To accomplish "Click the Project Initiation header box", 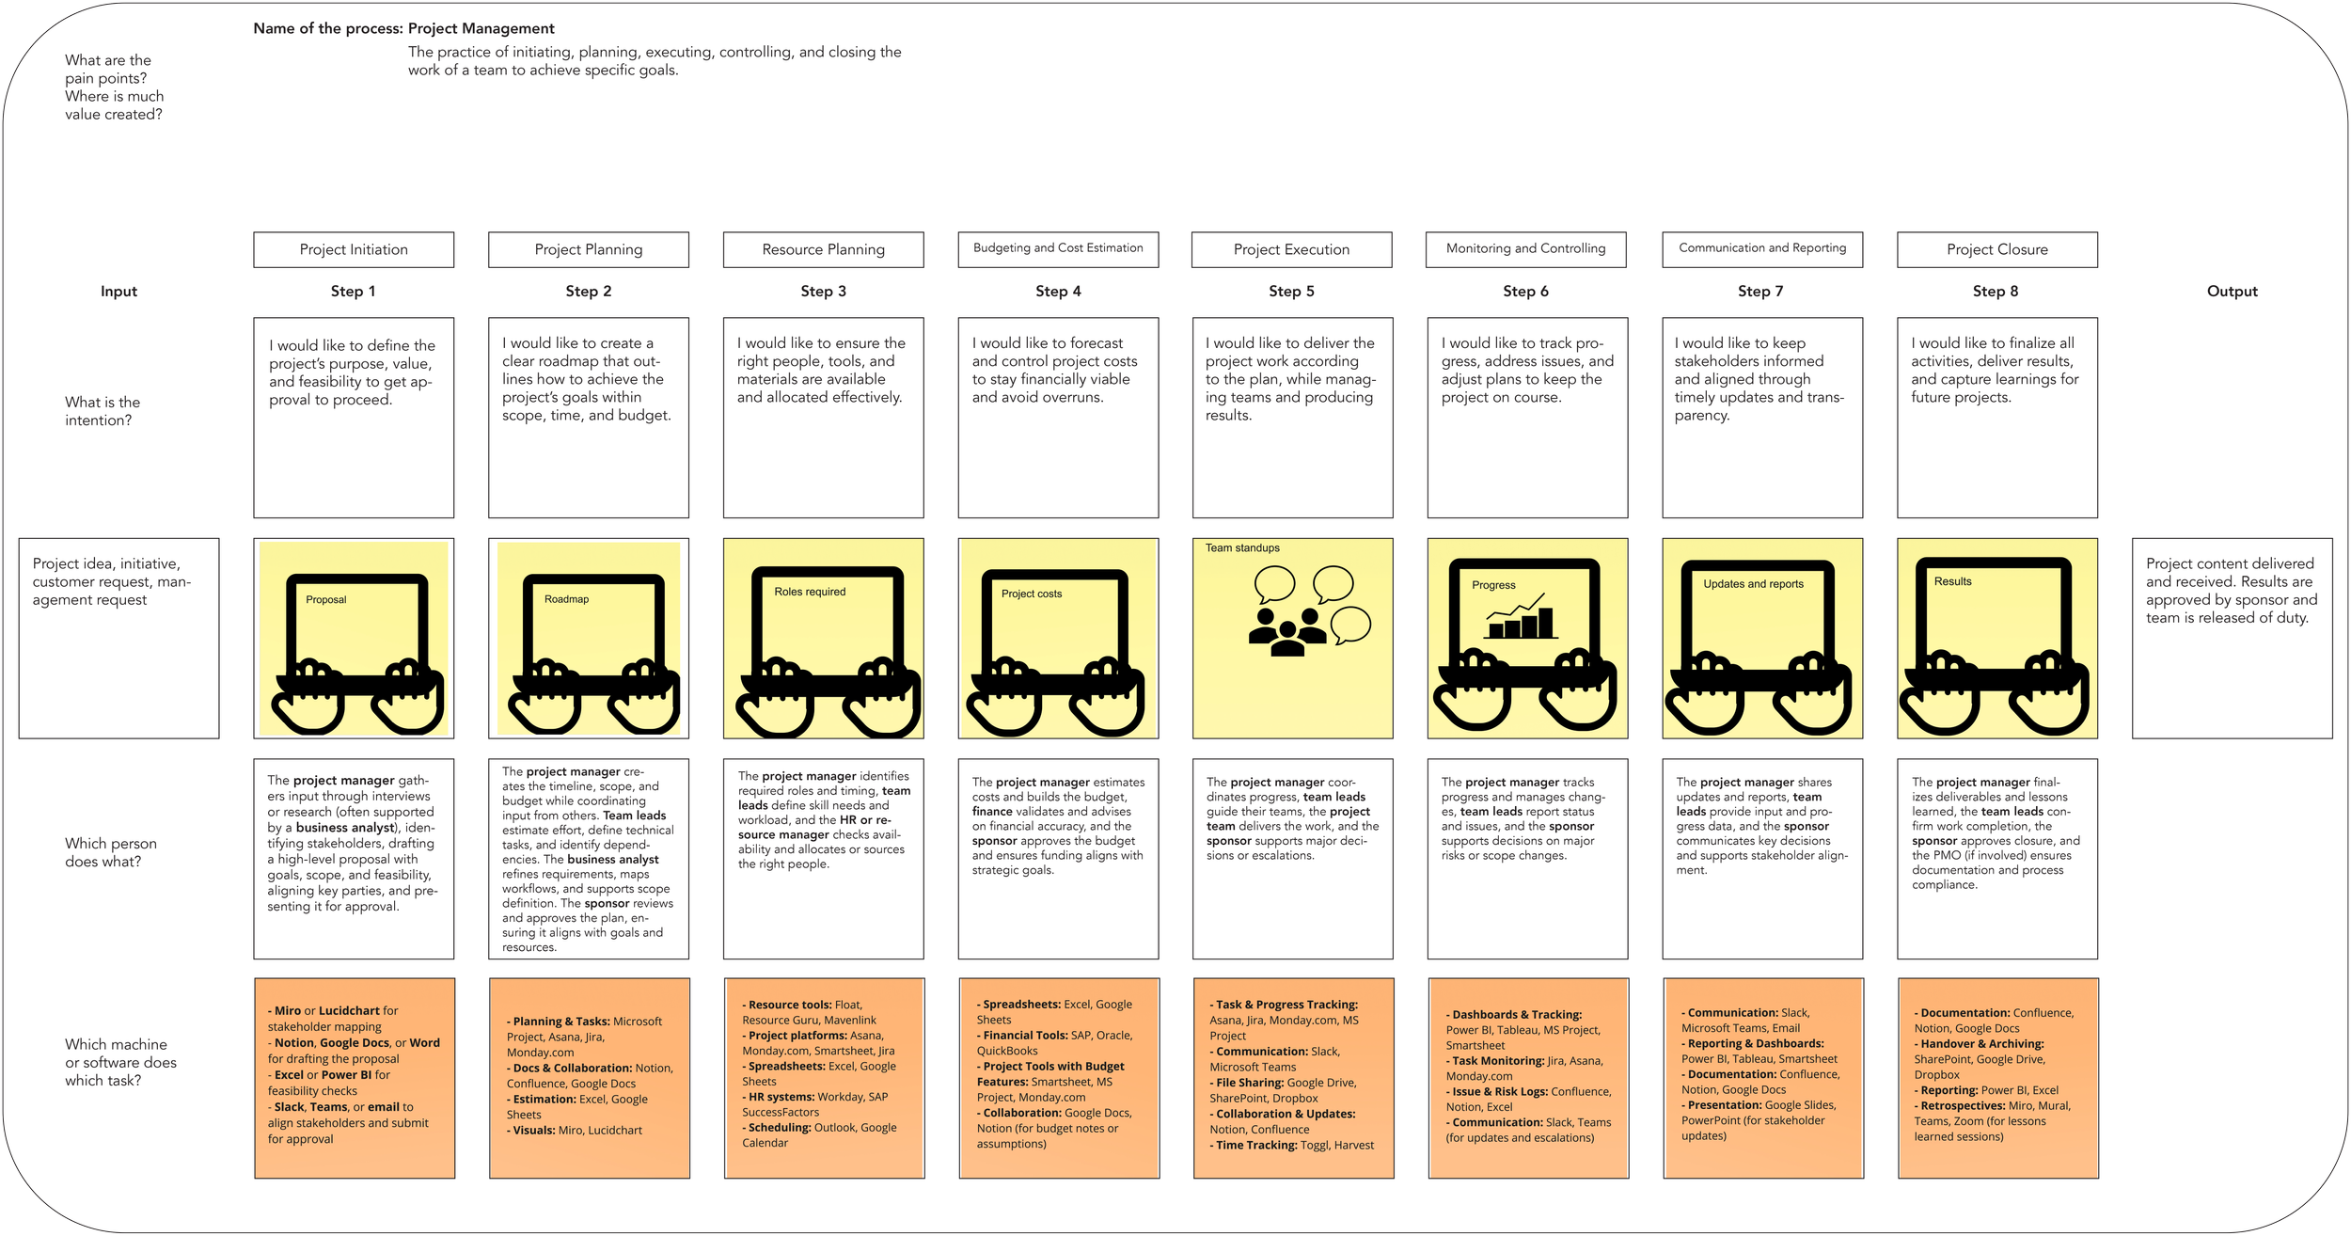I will (354, 249).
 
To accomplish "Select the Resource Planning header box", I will (823, 249).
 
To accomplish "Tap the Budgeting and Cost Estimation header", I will (1058, 248).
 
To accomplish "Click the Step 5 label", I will (1291, 292).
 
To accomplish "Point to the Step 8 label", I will (1996, 292).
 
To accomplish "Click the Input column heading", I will (118, 292).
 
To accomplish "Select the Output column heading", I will (2232, 292).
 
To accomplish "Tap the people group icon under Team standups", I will (1287, 631).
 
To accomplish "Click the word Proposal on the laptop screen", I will (326, 599).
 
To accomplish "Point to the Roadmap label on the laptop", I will (566, 599).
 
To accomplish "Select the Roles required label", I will (810, 592).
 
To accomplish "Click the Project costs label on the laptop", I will (1032, 594).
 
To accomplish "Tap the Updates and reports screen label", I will (1753, 584).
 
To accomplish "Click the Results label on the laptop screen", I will (1952, 581).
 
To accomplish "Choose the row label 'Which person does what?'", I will (111, 852).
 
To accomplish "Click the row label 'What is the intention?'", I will (103, 411).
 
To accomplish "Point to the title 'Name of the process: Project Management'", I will (403, 28).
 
